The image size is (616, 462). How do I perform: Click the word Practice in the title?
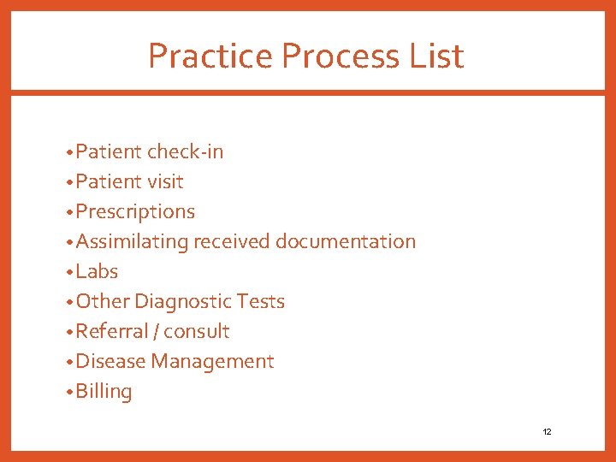click(210, 56)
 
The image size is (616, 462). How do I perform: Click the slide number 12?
click(547, 432)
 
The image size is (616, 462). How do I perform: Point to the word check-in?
click(185, 152)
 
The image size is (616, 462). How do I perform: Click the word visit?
click(166, 182)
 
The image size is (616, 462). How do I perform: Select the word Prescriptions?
click(135, 212)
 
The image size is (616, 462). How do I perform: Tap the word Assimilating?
click(132, 242)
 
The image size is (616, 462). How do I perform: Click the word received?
click(231, 242)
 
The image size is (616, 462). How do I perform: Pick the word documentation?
click(346, 242)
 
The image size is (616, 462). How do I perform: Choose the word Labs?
click(97, 272)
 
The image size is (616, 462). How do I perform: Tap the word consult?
click(197, 332)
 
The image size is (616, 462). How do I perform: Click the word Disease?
click(110, 362)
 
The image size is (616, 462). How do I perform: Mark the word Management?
click(212, 362)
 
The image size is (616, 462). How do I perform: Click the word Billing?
click(104, 392)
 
